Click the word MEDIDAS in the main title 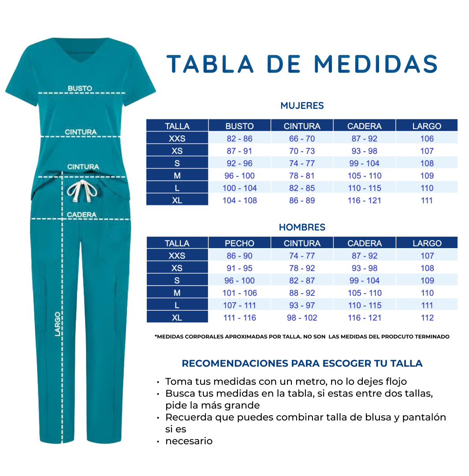pyautogui.click(x=375, y=64)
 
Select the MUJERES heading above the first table pyautogui.click(x=302, y=106)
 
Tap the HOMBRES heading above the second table pyautogui.click(x=302, y=227)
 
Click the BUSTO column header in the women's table pyautogui.click(x=239, y=126)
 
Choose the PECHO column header pyautogui.click(x=239, y=243)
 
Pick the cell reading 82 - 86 pyautogui.click(x=239, y=138)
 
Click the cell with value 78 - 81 pyautogui.click(x=302, y=175)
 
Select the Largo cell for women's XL pyautogui.click(x=427, y=200)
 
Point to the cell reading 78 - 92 pyautogui.click(x=302, y=268)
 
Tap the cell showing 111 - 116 pyautogui.click(x=239, y=317)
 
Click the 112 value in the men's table pyautogui.click(x=427, y=317)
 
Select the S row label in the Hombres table pyautogui.click(x=177, y=280)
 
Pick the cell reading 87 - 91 pyautogui.click(x=239, y=151)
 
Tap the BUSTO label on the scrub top pyautogui.click(x=80, y=88)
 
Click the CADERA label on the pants pyautogui.click(x=82, y=215)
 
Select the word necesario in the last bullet pyautogui.click(x=189, y=441)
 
